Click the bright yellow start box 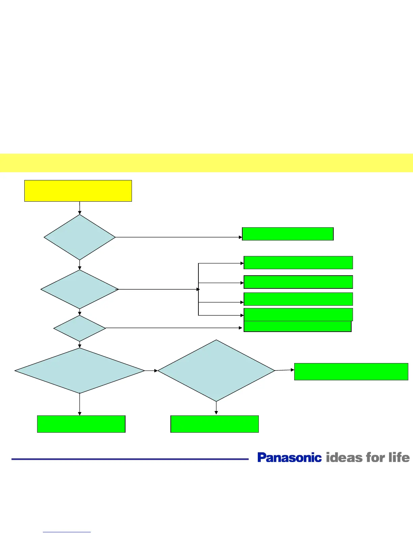click(x=78, y=191)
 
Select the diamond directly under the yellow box click(x=80, y=237)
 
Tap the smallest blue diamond click(x=80, y=328)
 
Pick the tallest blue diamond click(x=216, y=371)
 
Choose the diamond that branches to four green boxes click(x=80, y=289)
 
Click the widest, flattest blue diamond click(x=80, y=371)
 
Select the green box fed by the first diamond click(x=288, y=234)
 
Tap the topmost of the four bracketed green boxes click(x=298, y=262)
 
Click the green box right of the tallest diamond click(x=351, y=372)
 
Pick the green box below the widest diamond click(x=81, y=424)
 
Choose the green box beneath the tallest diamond click(x=215, y=424)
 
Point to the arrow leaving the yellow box click(x=80, y=208)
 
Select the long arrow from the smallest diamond click(x=174, y=328)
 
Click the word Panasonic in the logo click(x=290, y=458)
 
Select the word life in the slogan click(x=399, y=458)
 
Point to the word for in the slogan click(x=375, y=458)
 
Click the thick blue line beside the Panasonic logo click(x=130, y=459)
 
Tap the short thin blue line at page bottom click(x=67, y=532)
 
